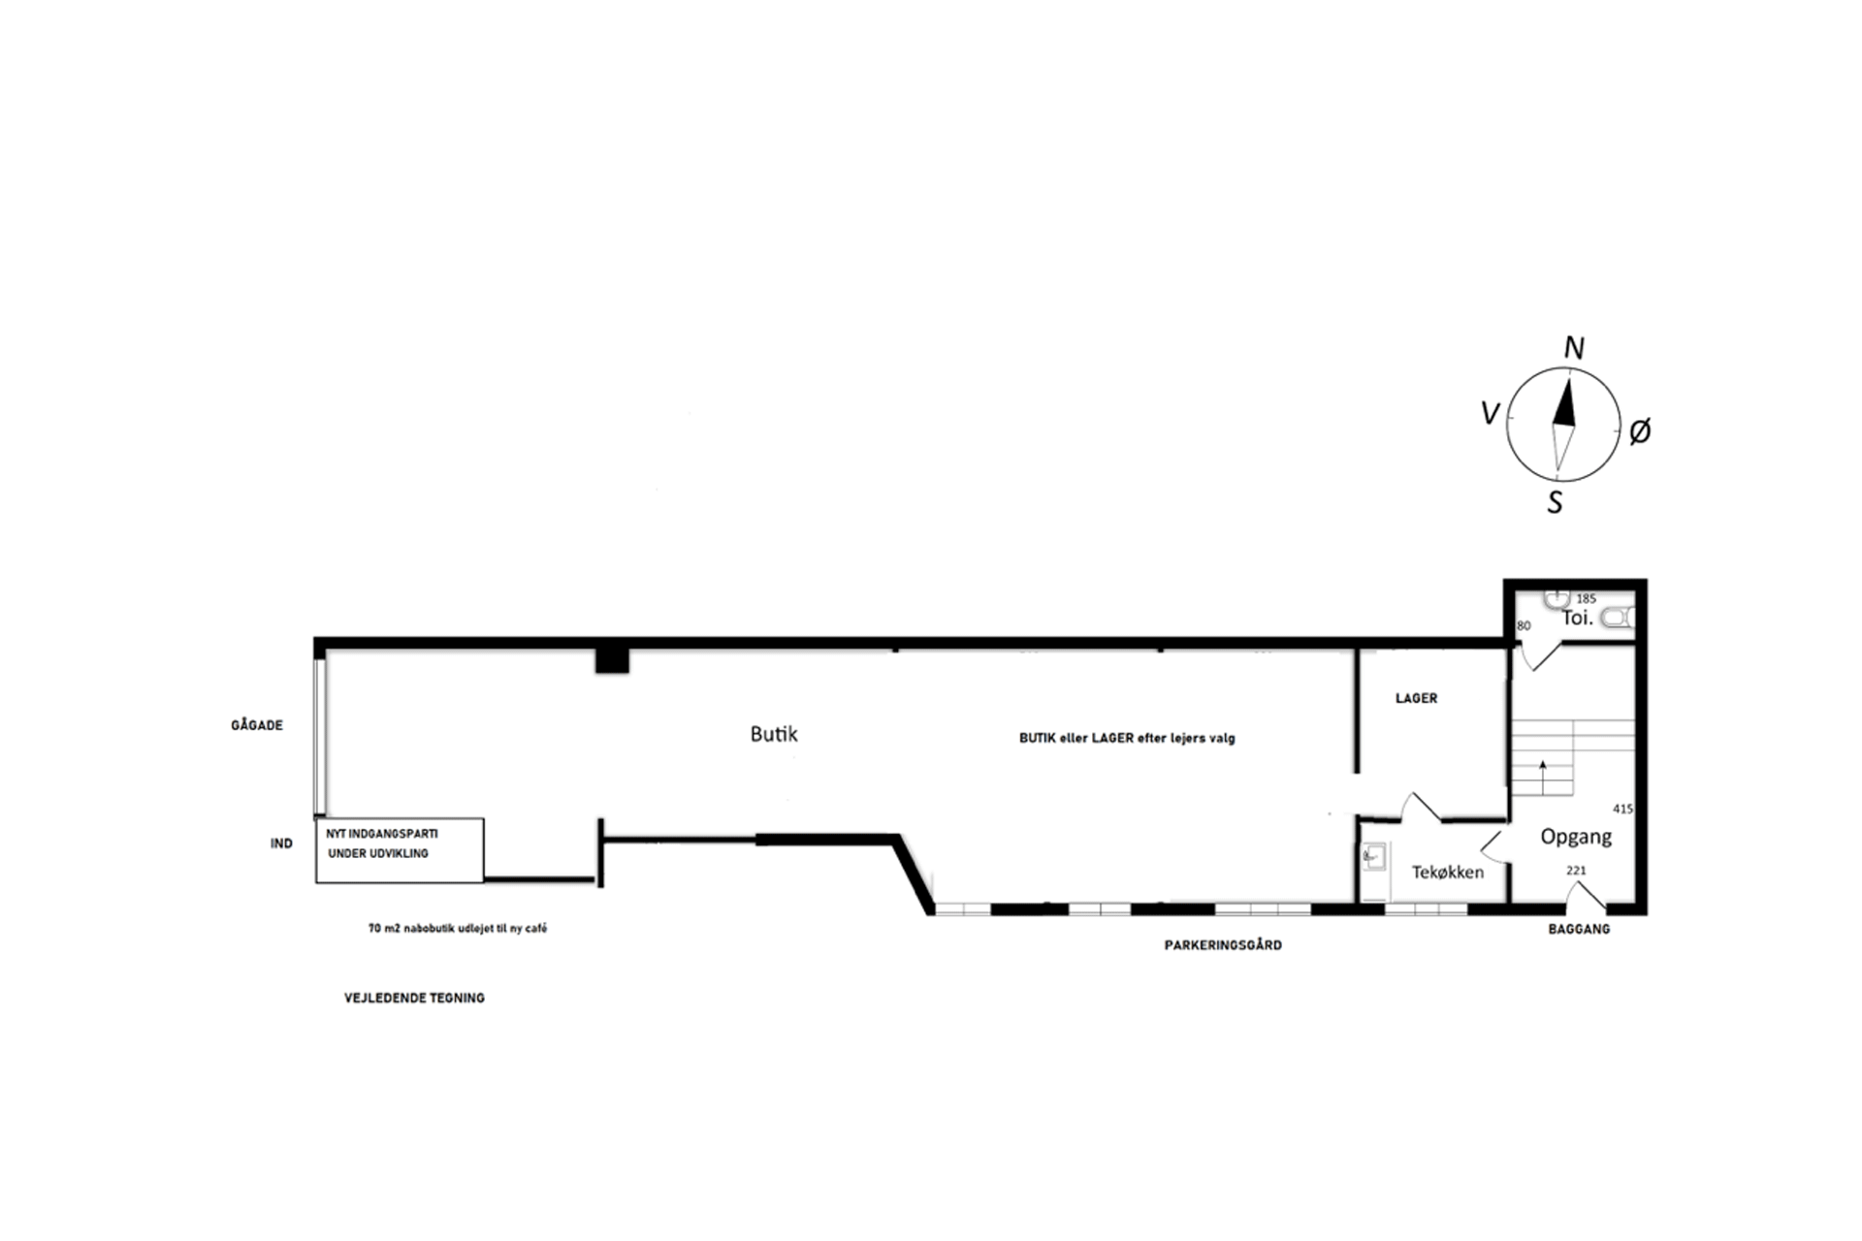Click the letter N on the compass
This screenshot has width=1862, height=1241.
click(x=1574, y=348)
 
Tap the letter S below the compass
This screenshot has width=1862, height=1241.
click(x=1556, y=502)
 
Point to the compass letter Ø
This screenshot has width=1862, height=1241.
click(x=1640, y=430)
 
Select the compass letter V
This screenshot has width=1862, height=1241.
click(x=1491, y=414)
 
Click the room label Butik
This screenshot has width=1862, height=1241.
click(x=774, y=734)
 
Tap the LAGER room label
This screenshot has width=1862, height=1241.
click(x=1416, y=698)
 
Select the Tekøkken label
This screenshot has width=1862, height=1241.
click(x=1448, y=872)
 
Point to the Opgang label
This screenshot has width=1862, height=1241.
click(x=1576, y=837)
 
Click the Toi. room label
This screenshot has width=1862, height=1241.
click(x=1577, y=618)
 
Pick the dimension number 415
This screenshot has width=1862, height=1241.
click(x=1622, y=809)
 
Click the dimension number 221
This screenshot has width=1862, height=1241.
click(x=1576, y=871)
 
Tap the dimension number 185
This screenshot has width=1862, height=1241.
click(x=1586, y=599)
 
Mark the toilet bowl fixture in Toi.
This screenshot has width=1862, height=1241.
click(x=1618, y=618)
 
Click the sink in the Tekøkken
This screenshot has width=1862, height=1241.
click(x=1372, y=856)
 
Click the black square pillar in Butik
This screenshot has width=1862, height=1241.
click(x=612, y=660)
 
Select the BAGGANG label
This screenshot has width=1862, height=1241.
click(x=1579, y=929)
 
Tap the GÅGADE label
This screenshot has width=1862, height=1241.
click(x=257, y=725)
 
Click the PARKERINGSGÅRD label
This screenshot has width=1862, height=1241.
click(x=1223, y=945)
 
